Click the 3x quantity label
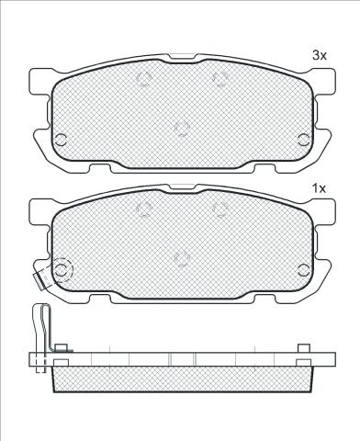[320, 55]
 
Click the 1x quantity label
[320, 188]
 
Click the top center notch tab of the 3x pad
[182, 56]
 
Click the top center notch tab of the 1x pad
[182, 187]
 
